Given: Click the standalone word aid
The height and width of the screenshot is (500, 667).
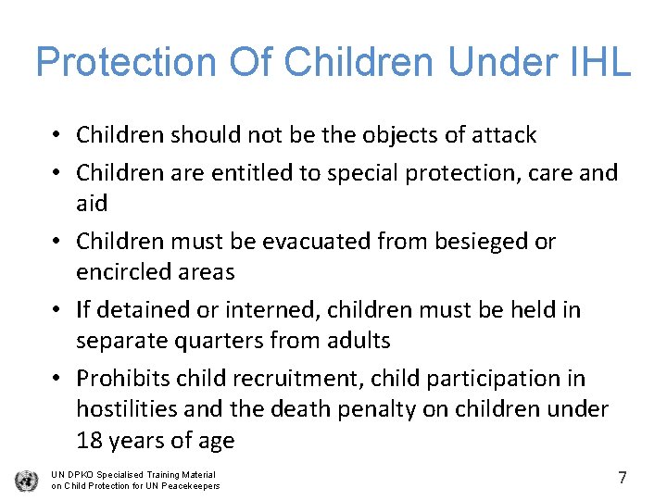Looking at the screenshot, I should (x=92, y=204).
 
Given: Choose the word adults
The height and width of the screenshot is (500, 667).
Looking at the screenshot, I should (x=356, y=341).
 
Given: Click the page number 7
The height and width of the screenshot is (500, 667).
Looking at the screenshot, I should (x=623, y=478).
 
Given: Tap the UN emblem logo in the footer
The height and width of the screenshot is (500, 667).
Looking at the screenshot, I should (x=26, y=481).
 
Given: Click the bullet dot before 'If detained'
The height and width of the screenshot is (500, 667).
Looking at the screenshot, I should (x=57, y=311).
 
